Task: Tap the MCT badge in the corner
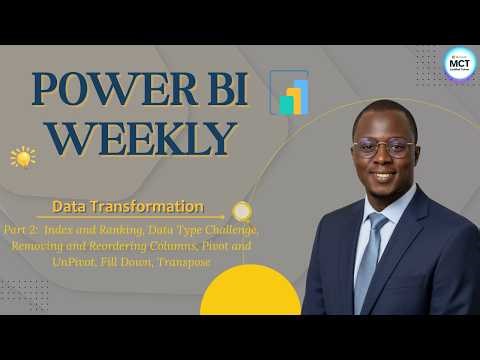459,63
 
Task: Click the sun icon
22,157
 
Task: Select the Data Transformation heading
127,207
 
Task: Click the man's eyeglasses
382,148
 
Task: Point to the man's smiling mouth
383,177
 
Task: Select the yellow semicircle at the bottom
250,295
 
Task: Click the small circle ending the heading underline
241,210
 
